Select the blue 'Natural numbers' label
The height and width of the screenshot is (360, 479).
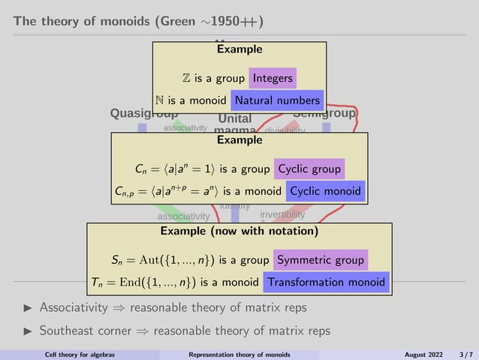[x=277, y=100]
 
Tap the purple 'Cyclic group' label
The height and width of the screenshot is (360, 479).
[x=310, y=169]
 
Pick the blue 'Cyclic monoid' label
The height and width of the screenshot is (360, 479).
[x=326, y=191]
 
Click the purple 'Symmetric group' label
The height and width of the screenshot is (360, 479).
[x=321, y=261]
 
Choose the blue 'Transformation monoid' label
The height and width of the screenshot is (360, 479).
[x=327, y=283]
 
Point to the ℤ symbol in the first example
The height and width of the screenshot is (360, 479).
[x=187, y=78]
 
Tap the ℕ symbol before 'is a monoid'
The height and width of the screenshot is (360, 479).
[x=160, y=100]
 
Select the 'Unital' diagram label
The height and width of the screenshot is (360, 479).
[x=234, y=119]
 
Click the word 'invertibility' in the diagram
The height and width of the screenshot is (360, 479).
[x=288, y=214]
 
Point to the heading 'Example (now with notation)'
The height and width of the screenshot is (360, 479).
[x=239, y=231]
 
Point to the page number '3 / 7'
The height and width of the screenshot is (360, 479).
[x=466, y=355]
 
